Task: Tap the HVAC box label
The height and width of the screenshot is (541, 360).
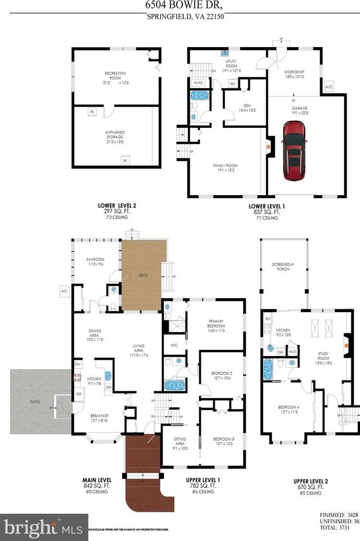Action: click(x=199, y=83)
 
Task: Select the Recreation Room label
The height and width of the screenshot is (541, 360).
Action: click(x=115, y=77)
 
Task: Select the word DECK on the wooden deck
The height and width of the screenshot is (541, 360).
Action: click(x=143, y=275)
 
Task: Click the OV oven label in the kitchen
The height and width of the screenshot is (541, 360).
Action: click(x=78, y=364)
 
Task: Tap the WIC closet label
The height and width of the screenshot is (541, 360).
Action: click(x=174, y=345)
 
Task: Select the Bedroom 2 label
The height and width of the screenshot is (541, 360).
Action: click(x=221, y=376)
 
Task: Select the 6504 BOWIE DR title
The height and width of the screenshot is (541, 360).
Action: click(x=179, y=5)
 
